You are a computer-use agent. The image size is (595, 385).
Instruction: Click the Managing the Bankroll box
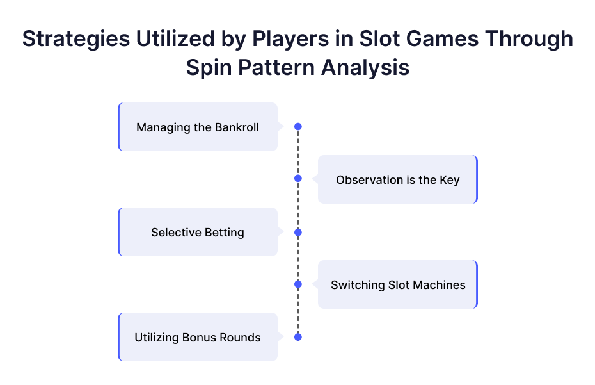(198, 127)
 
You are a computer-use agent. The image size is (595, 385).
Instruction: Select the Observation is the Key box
(398, 179)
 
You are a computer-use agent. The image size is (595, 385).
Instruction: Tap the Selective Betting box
(198, 232)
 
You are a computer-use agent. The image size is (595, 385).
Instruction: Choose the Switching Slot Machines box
(398, 284)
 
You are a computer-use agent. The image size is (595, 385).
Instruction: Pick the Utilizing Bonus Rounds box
(198, 337)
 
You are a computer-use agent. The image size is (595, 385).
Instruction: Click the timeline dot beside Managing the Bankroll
(298, 127)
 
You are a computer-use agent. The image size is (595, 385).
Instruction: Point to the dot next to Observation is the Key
(298, 178)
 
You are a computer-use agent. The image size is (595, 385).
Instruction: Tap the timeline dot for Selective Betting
(298, 232)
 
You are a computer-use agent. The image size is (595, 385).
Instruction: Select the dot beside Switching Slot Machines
(298, 284)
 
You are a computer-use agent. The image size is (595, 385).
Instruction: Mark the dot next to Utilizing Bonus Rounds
(298, 337)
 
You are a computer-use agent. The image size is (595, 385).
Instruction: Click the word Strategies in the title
(76, 39)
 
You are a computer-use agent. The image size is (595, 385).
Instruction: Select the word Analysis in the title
(365, 68)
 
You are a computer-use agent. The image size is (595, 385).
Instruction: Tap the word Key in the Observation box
(450, 180)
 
